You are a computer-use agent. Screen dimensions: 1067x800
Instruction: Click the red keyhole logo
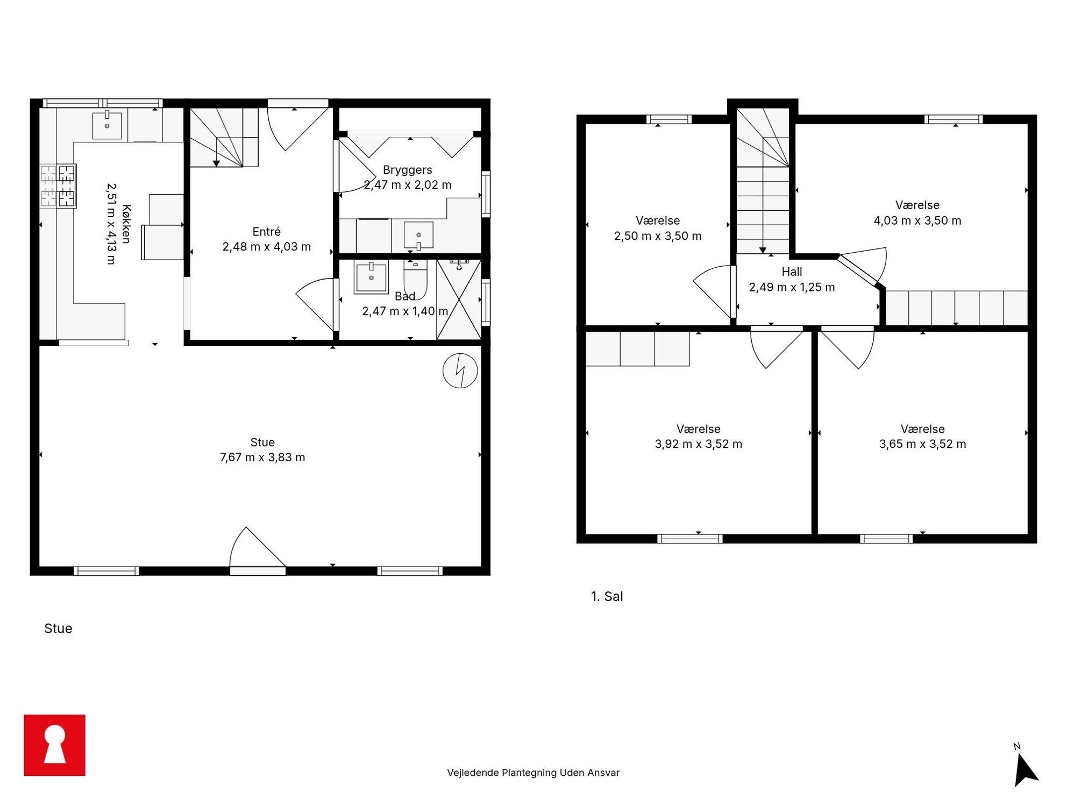pyautogui.click(x=54, y=745)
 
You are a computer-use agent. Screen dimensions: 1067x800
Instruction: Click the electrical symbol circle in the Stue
pyautogui.click(x=460, y=370)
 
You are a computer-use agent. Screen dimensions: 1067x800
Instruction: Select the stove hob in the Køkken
pyautogui.click(x=58, y=186)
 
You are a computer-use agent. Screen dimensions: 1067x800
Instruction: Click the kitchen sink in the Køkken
pyautogui.click(x=107, y=125)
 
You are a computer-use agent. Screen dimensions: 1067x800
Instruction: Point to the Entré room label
pyautogui.click(x=266, y=232)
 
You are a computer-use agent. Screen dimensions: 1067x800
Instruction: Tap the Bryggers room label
pyautogui.click(x=407, y=170)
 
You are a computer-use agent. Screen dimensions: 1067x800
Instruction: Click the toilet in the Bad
pyautogui.click(x=415, y=278)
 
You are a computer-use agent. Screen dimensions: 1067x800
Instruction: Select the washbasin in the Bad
pyautogui.click(x=371, y=277)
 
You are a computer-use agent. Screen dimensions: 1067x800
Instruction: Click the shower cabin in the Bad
pyautogui.click(x=459, y=299)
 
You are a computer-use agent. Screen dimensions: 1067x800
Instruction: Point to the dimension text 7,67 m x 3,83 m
pyautogui.click(x=262, y=458)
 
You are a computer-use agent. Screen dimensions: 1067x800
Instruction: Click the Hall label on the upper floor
pyautogui.click(x=792, y=272)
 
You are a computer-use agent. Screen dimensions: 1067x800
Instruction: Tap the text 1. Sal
pyautogui.click(x=607, y=596)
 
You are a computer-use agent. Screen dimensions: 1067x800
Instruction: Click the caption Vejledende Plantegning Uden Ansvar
pyautogui.click(x=533, y=773)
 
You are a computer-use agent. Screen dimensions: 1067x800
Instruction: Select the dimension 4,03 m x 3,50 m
pyautogui.click(x=917, y=220)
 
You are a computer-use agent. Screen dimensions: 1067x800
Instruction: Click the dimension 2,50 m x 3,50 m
pyautogui.click(x=658, y=236)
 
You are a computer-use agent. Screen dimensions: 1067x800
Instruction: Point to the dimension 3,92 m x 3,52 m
pyautogui.click(x=698, y=444)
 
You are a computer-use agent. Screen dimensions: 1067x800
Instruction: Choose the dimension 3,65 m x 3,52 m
pyautogui.click(x=922, y=444)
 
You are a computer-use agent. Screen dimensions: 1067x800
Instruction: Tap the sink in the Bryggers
pyautogui.click(x=418, y=235)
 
